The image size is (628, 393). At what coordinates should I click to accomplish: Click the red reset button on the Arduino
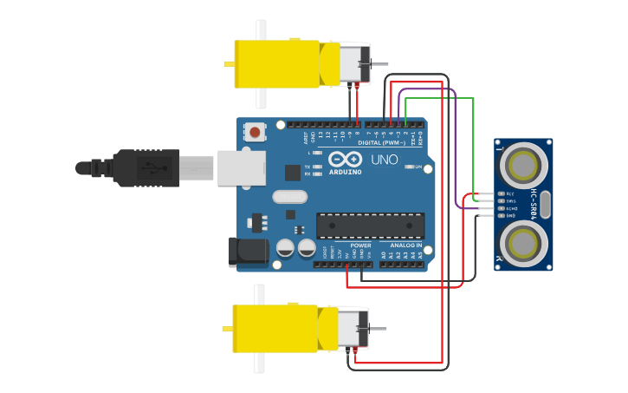tap(256, 133)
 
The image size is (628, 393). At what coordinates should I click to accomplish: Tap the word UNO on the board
tap(384, 160)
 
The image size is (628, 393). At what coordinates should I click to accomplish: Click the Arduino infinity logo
tap(345, 159)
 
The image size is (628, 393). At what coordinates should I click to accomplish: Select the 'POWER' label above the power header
tap(360, 246)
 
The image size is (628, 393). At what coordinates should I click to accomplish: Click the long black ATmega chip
tap(370, 226)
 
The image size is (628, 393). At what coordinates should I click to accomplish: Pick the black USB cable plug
tap(147, 167)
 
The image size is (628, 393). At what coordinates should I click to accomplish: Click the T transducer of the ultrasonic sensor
tap(523, 164)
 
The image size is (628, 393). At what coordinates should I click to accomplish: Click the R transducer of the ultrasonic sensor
tap(523, 244)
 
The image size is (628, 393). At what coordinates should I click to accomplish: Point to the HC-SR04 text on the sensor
tap(534, 204)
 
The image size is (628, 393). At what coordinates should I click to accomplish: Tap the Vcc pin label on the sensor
tap(510, 193)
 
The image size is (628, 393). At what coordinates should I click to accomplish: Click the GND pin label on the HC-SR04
tap(510, 215)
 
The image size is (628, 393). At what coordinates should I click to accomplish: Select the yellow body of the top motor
tap(277, 63)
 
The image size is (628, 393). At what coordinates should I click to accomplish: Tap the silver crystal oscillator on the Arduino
tap(289, 197)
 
